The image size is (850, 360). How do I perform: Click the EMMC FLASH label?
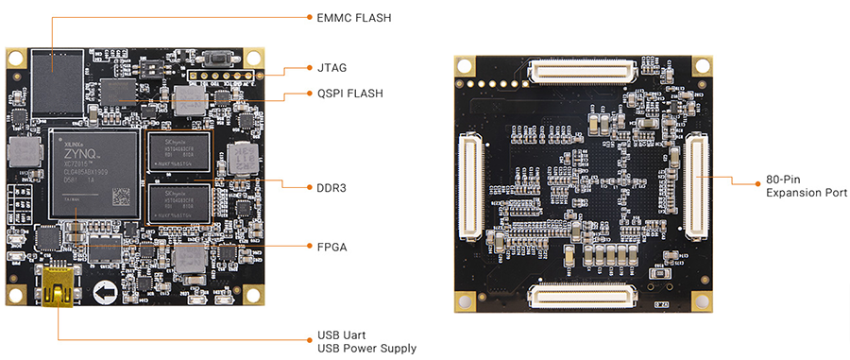tap(354, 17)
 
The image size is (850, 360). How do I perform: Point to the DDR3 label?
tap(332, 188)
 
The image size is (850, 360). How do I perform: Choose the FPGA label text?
tap(331, 247)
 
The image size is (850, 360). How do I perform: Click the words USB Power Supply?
tap(365, 349)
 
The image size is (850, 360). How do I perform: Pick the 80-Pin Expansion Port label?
tap(807, 185)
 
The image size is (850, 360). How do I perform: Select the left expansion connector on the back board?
tap(469, 185)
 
